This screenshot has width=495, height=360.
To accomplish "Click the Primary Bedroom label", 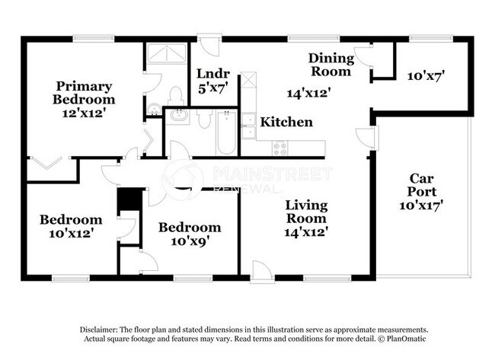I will click(x=83, y=93).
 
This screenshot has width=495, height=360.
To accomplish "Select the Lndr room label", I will click(x=212, y=75).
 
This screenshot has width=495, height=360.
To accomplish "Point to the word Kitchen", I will click(x=286, y=122).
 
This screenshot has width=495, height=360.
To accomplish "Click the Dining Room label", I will click(x=331, y=65).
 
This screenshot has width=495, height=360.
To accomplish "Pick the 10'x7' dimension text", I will click(x=426, y=76).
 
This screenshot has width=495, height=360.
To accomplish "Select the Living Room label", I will click(x=306, y=212).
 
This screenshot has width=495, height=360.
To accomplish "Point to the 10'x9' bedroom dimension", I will click(x=190, y=241).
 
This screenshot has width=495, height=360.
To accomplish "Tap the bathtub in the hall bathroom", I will click(x=226, y=132).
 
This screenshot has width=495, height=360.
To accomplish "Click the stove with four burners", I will click(x=279, y=148).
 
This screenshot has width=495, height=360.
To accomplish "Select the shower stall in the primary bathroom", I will click(x=166, y=54).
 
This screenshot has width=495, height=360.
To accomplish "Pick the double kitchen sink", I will click(x=248, y=126).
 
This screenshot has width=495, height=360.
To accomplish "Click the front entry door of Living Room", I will click(x=261, y=272).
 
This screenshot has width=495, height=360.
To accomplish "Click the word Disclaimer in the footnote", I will click(x=100, y=329).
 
